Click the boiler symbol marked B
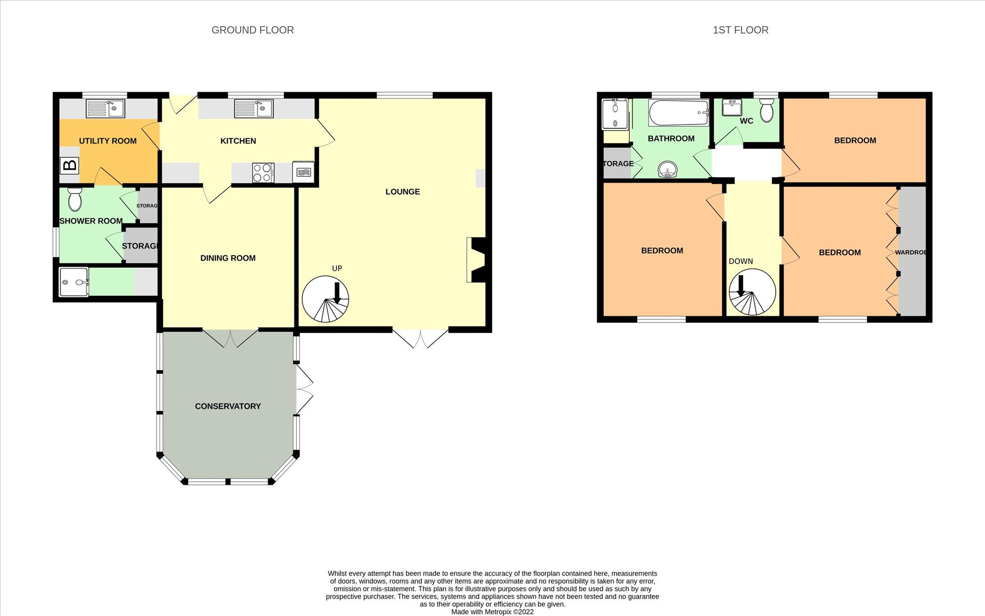click(x=69, y=166)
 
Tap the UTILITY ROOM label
click(x=108, y=141)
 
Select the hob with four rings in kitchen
click(x=263, y=173)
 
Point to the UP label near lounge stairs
click(x=337, y=269)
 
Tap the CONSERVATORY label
click(x=228, y=406)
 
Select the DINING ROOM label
click(x=228, y=258)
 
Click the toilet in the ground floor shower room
click(x=75, y=199)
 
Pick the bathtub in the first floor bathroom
click(x=679, y=113)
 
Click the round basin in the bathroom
click(x=667, y=169)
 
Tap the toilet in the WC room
click(x=766, y=111)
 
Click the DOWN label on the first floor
click(x=741, y=261)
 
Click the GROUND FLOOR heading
click(x=252, y=30)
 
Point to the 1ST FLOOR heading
click(x=740, y=30)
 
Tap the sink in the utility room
click(x=105, y=109)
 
